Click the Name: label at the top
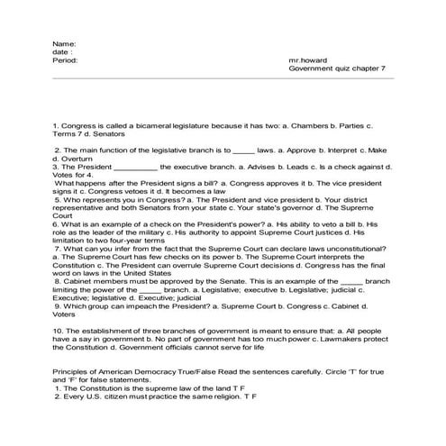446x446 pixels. click(64, 44)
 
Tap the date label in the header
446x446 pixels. click(63, 52)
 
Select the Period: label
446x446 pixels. click(66, 61)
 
